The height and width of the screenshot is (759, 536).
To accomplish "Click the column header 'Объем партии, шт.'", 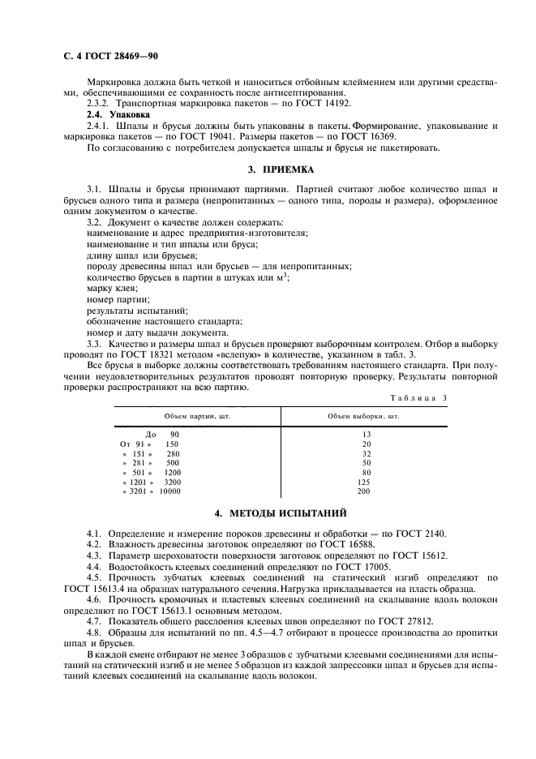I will (x=197, y=416).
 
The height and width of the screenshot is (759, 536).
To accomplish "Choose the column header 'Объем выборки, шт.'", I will (x=363, y=416).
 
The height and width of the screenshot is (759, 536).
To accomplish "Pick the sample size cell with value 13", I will (x=366, y=435).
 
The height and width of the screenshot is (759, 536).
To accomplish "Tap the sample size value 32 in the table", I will (x=366, y=454).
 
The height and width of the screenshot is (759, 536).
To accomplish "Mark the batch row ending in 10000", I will (x=152, y=491).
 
